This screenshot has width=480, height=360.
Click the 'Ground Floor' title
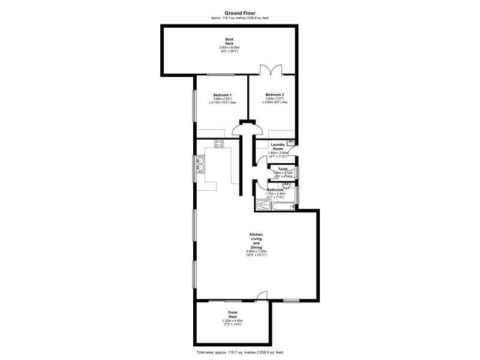point(240,13)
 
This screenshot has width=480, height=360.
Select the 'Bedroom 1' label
point(222,95)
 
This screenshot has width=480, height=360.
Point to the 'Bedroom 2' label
point(275,95)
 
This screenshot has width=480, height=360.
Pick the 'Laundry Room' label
point(277,146)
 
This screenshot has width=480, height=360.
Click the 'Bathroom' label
point(275,190)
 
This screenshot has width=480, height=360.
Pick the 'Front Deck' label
point(232,315)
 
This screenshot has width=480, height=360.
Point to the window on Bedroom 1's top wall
point(221,75)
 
